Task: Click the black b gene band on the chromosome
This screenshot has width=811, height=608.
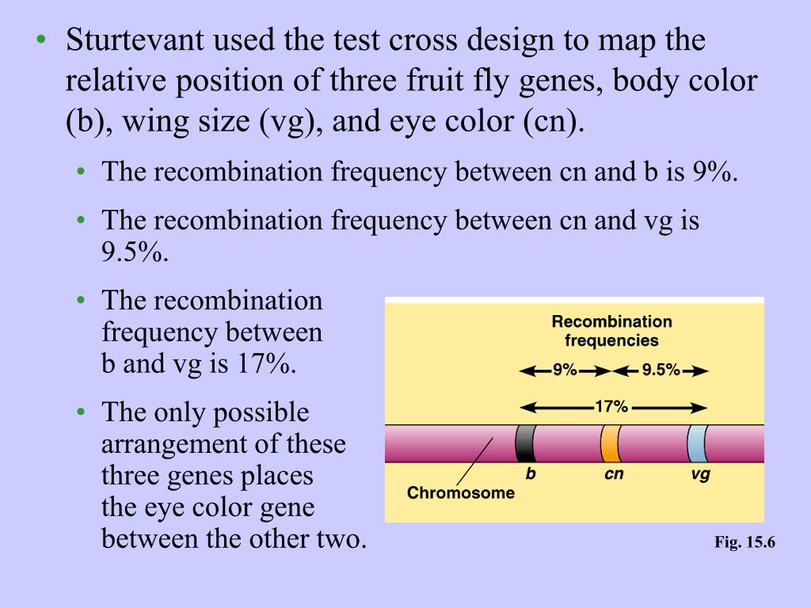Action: point(524,443)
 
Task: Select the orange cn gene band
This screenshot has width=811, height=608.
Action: point(609,443)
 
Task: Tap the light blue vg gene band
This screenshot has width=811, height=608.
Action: point(696,443)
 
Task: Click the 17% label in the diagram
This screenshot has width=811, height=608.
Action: point(611,407)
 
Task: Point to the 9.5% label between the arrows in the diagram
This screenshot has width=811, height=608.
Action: point(661,370)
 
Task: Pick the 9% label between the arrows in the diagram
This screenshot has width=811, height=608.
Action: point(565,370)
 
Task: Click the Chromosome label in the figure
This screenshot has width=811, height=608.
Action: point(460,493)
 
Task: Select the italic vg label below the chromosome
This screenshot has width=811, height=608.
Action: point(700,475)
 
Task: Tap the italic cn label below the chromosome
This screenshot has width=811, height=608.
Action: point(614,475)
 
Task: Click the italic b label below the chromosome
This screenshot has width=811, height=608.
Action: point(531,475)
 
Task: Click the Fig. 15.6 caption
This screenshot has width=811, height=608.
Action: point(744,542)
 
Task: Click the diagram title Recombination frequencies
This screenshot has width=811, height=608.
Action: point(611,331)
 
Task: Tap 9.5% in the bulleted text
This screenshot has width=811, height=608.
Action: point(135,253)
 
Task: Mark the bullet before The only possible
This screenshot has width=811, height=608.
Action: point(82,412)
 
